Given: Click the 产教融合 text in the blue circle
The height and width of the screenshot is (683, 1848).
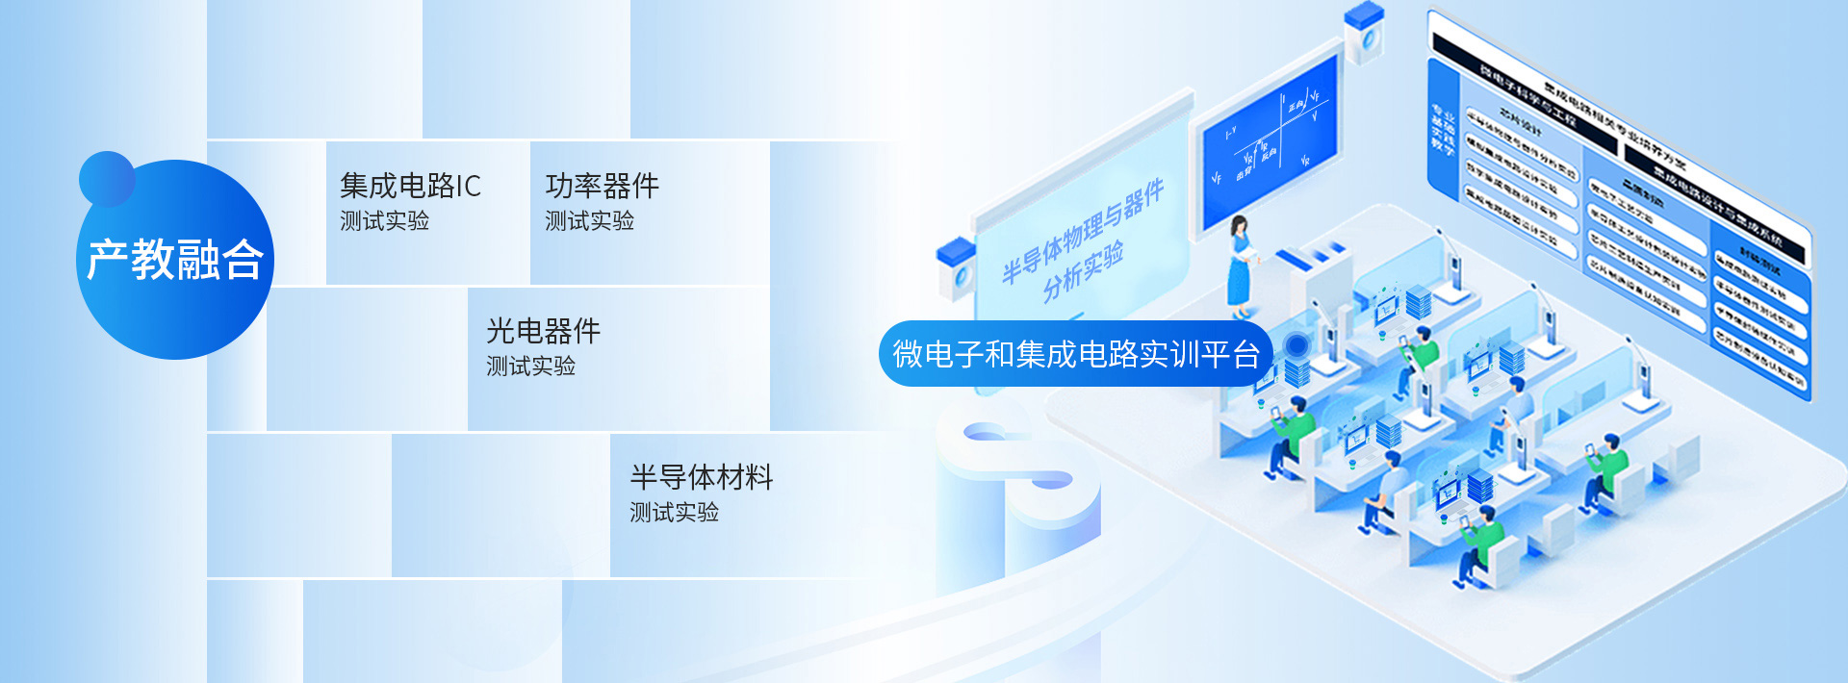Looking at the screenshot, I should (175, 260).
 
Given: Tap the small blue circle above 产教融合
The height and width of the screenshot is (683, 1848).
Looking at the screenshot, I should (106, 178).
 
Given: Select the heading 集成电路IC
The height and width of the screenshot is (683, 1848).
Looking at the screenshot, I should (410, 186).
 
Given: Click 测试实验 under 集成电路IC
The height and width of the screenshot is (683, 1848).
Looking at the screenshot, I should (384, 221).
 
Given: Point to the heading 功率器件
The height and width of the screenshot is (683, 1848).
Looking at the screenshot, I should (602, 186).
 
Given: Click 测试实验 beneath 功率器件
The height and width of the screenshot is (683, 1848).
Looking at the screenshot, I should (589, 221).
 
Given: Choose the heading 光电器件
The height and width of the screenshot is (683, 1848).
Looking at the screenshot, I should (543, 331).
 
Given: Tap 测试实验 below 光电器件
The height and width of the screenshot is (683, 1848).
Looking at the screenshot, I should (530, 367).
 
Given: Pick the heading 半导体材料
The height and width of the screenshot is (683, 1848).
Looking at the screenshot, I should (701, 477).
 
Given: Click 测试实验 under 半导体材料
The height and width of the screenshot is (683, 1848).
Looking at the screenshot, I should (674, 513).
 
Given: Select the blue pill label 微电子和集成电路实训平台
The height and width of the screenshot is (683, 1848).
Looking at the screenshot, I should (1075, 354).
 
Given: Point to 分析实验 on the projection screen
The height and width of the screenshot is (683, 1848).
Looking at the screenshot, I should (1084, 272).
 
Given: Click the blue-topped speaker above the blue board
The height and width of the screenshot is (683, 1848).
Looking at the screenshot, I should (1364, 34).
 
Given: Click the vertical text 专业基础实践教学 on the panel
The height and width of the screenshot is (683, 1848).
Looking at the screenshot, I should (1442, 130).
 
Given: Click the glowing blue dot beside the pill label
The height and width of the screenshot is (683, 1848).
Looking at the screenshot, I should (1296, 345).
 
